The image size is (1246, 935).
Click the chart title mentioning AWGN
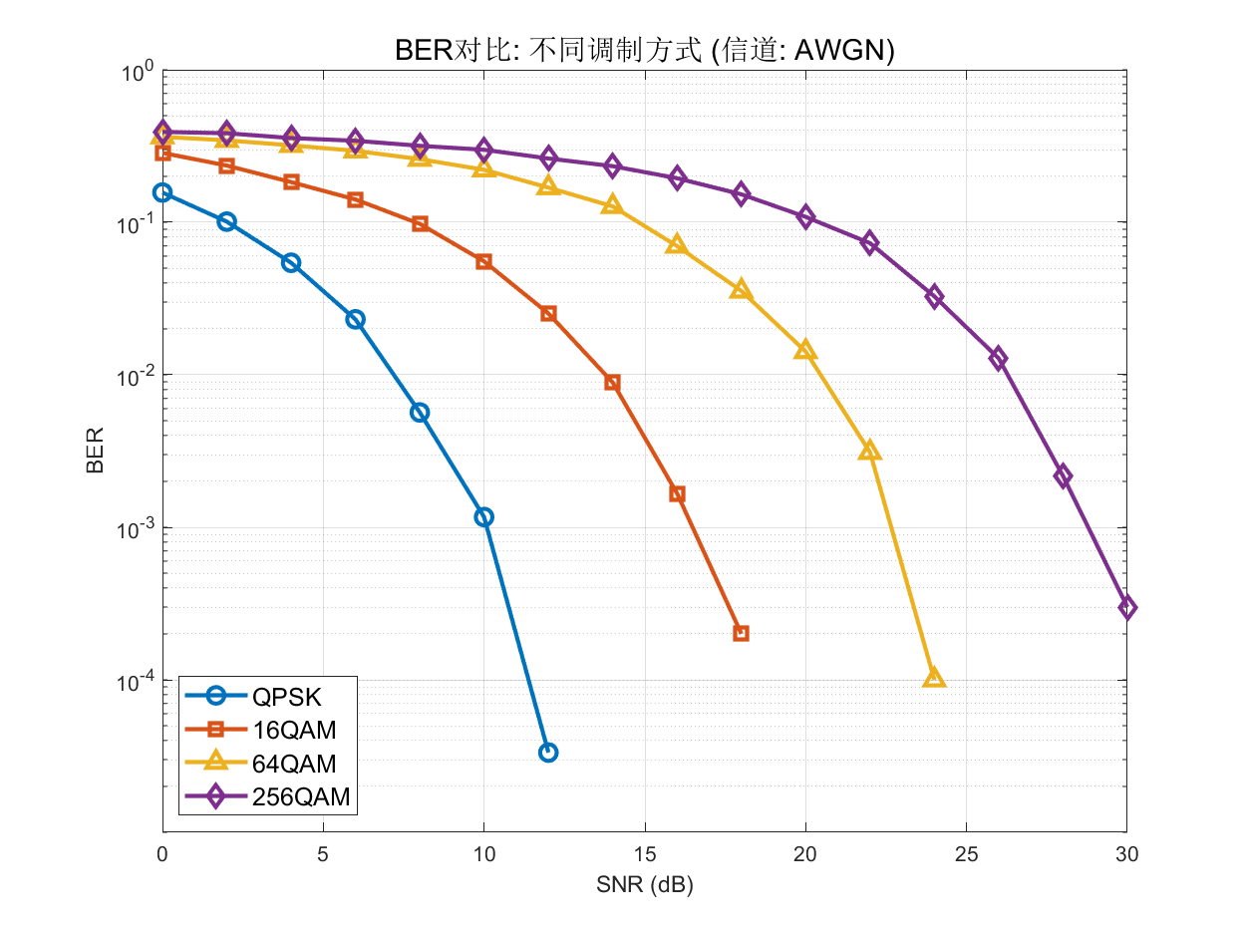[644, 52]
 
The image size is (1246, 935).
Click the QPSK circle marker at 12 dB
[548, 753]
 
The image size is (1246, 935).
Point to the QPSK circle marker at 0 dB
[162, 192]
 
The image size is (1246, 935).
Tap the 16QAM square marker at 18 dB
[741, 633]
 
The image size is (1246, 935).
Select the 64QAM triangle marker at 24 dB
[934, 679]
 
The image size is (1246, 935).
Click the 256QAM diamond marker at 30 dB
[1127, 608]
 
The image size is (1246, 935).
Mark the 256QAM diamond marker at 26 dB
[998, 359]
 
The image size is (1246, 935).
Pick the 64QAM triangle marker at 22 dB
[869, 452]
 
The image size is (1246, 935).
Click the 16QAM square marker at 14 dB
[612, 383]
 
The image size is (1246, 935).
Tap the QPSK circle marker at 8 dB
[420, 413]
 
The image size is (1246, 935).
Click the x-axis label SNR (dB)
[644, 886]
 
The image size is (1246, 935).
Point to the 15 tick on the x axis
[644, 855]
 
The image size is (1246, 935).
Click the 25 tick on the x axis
[966, 855]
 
